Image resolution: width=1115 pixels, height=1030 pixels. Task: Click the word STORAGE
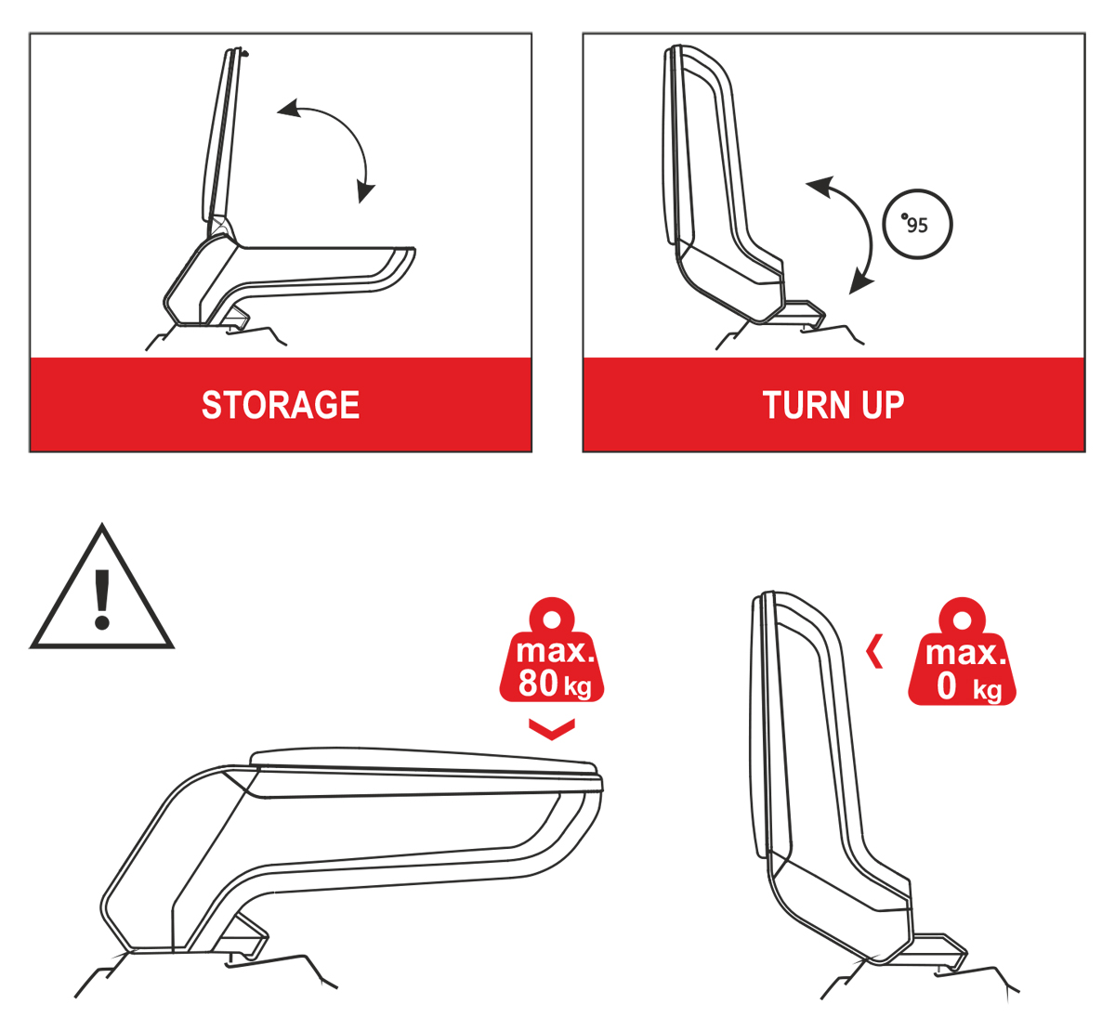[281, 405]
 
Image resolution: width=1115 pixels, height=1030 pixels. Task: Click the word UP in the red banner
[883, 405]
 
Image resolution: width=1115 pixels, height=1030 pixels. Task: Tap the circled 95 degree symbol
[917, 224]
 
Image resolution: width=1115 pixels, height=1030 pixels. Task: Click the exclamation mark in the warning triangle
[102, 599]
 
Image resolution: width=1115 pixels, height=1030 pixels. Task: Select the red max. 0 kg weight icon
[962, 652]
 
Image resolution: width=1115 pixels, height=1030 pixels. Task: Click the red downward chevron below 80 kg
[552, 730]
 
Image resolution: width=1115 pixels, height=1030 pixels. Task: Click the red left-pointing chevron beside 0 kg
[874, 651]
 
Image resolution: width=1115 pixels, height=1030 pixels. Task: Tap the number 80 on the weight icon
[538, 683]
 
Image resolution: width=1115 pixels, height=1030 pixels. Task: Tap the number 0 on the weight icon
[946, 686]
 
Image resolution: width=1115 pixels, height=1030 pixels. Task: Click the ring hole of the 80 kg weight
[552, 619]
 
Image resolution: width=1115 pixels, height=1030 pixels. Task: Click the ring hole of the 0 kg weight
[962, 620]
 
